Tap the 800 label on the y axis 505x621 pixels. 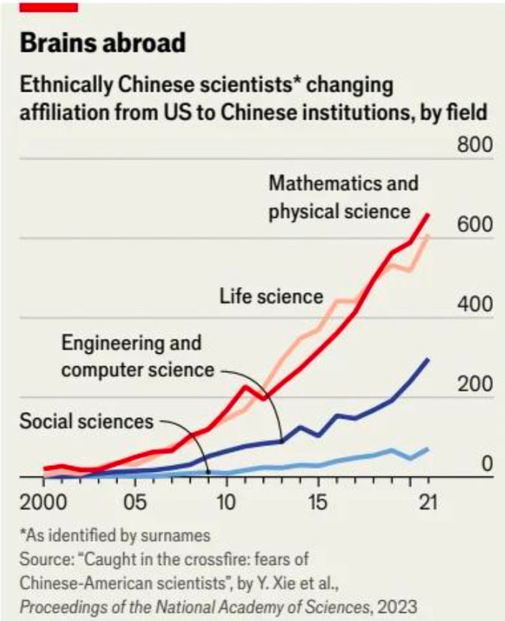475,146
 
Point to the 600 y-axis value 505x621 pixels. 475,225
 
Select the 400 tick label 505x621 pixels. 475,304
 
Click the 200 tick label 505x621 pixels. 475,384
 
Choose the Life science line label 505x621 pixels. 271,296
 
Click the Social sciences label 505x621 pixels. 87,422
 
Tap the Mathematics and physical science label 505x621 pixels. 343,197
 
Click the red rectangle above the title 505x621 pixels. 48,6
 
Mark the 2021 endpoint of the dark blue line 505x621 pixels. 428,359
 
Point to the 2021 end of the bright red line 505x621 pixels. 428,215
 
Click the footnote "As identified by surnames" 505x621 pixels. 116,536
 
